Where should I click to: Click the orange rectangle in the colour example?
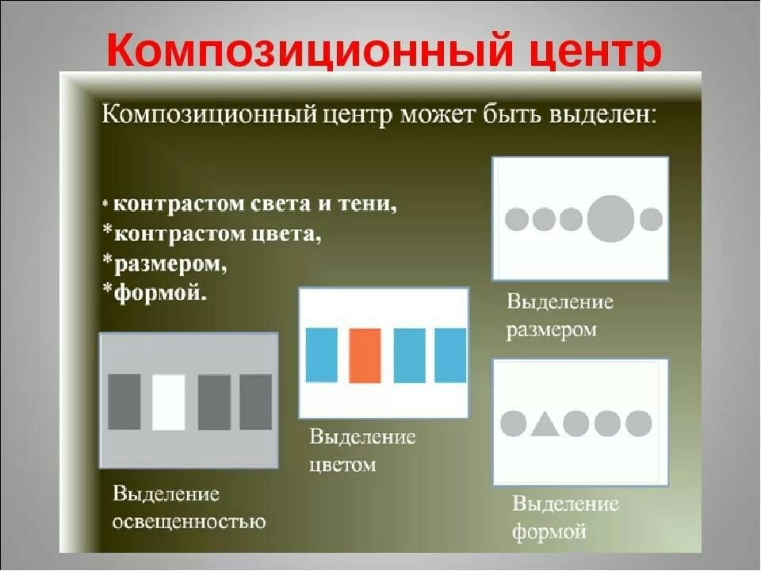[365, 356]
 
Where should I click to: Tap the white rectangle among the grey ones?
[168, 402]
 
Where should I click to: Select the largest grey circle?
[610, 219]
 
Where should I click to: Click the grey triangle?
[544, 423]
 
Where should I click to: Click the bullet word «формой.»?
[159, 293]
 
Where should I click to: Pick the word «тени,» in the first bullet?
[367, 204]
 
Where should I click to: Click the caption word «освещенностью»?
[189, 523]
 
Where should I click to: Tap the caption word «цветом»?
[342, 466]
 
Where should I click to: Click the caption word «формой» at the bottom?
[549, 531]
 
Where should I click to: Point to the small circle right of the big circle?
[651, 219]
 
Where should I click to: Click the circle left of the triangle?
[513, 423]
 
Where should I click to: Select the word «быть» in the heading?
[511, 116]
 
